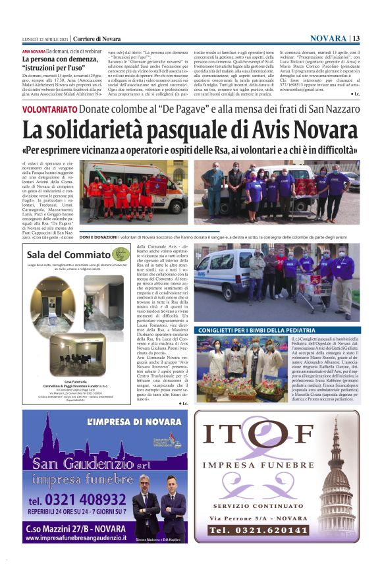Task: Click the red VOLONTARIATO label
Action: click(x=50, y=109)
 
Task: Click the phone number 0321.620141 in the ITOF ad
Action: click(x=260, y=530)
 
